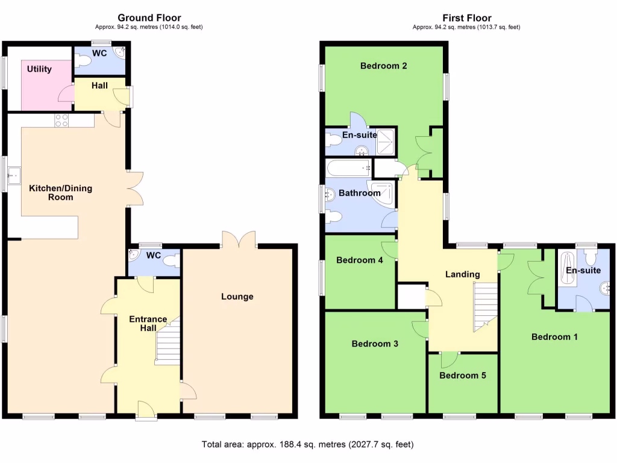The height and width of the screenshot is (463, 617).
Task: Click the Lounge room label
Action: tap(237, 296)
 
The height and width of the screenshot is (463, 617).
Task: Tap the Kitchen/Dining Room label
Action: tap(61, 192)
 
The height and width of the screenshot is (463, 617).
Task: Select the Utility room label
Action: tap(39, 69)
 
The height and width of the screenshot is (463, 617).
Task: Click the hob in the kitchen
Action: tap(61, 120)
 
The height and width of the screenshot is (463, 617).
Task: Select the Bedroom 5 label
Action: tap(462, 375)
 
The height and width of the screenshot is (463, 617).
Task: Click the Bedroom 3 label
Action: tap(375, 344)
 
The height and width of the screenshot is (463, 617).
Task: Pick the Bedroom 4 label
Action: tap(359, 260)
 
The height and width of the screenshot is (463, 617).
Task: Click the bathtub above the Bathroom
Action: tap(348, 168)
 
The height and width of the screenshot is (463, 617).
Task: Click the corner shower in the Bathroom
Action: tap(384, 194)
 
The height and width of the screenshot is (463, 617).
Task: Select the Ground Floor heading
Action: tap(149, 18)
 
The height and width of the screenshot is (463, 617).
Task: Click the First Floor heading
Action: tap(466, 18)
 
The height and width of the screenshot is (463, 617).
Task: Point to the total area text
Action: tap(307, 445)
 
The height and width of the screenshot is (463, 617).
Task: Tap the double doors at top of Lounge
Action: tap(239, 239)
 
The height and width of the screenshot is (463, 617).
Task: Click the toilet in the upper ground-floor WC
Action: tap(83, 61)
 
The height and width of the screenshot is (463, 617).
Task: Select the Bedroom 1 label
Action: tap(554, 336)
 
